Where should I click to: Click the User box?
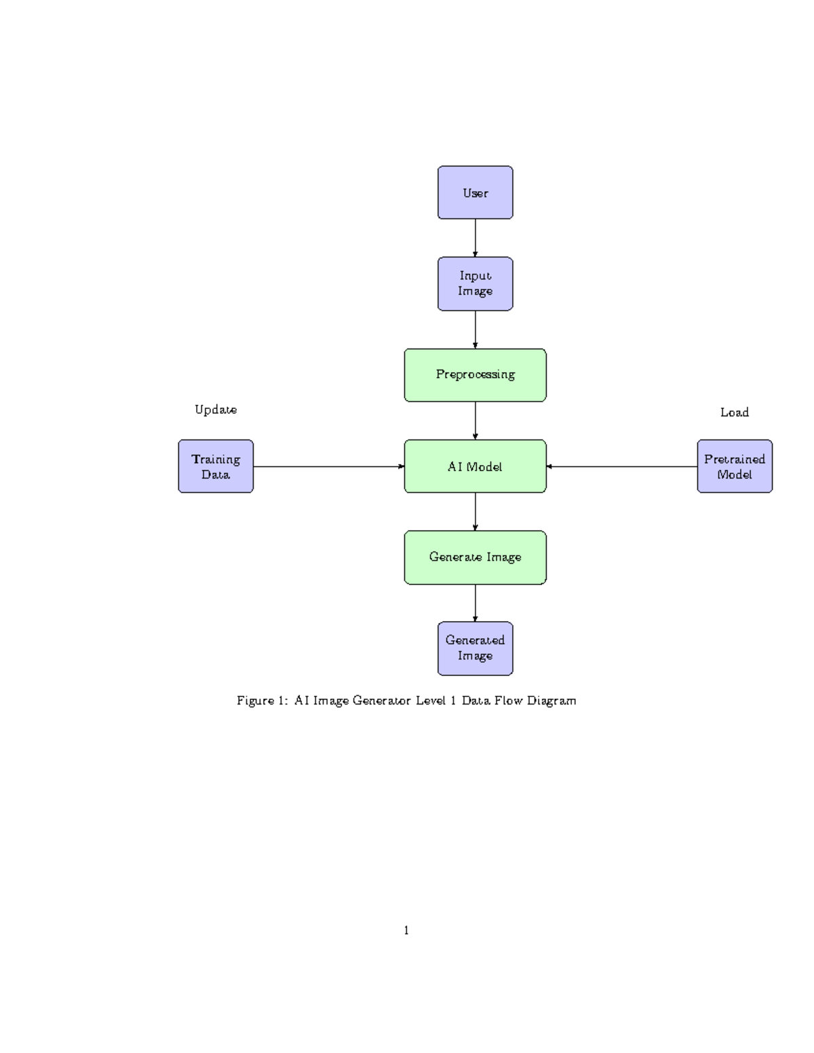(x=475, y=193)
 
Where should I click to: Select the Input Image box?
(x=475, y=283)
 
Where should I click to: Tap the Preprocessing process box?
(x=475, y=375)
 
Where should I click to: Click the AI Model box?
(x=475, y=466)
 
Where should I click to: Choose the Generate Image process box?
(x=475, y=557)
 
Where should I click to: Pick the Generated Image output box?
(x=475, y=648)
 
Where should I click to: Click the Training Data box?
(x=216, y=466)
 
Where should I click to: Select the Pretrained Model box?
(x=735, y=466)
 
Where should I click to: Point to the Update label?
(x=216, y=410)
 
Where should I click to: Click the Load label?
(x=735, y=412)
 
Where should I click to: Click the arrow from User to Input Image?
(x=475, y=238)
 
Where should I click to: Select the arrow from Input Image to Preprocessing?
(x=475, y=330)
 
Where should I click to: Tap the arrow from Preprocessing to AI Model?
(x=475, y=420)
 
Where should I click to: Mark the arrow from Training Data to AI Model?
(x=328, y=466)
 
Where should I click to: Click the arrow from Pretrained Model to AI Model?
(x=621, y=466)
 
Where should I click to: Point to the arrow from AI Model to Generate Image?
(x=475, y=511)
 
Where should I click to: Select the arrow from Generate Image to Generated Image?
(x=475, y=603)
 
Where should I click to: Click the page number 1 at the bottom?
(x=406, y=930)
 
